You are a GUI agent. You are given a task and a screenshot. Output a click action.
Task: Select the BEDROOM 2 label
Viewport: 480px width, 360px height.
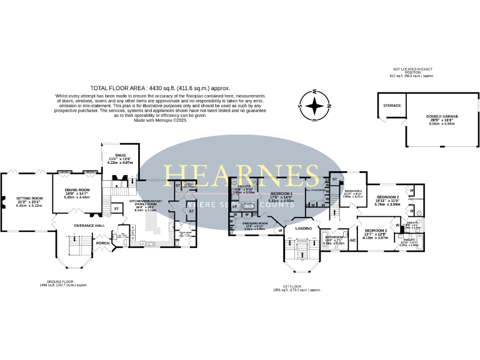(386, 197)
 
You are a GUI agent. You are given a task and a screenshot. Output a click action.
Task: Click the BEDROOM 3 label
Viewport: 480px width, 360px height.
(376, 231)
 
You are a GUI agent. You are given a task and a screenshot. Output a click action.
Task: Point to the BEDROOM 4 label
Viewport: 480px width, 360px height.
(353, 191)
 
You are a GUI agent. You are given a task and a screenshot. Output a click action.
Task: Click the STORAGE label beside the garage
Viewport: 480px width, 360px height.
(392, 106)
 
